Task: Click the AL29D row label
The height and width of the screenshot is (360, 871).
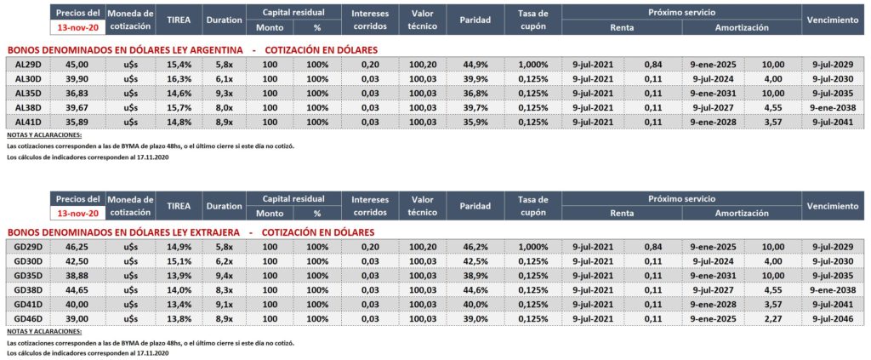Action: coord(27,65)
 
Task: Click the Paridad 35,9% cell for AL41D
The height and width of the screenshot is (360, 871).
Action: coord(475,122)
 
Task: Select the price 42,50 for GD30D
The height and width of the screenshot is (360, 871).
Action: coord(77,261)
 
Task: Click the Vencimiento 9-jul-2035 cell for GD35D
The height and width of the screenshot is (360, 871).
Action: coord(834,276)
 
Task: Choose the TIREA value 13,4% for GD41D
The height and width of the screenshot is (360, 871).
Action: coord(179,304)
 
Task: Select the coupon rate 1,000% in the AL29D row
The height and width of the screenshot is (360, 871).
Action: coord(532,65)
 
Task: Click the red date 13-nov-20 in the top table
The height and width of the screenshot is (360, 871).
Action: coord(77,27)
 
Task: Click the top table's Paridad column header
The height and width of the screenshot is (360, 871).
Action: coord(475,20)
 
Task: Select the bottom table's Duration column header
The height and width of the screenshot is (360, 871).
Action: coord(225,206)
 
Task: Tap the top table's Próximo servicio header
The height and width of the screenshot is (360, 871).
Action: coord(681,12)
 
